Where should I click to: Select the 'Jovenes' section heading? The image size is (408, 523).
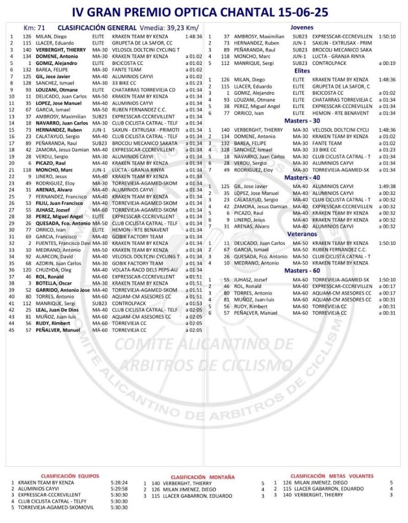coord(302,28)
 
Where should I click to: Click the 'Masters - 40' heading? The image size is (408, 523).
coord(301,177)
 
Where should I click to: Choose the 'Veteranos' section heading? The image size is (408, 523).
coord(301,234)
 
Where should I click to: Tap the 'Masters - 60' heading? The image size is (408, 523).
coord(301,270)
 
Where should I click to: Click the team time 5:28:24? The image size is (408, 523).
coord(119,482)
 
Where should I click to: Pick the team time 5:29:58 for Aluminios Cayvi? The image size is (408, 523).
coord(119,488)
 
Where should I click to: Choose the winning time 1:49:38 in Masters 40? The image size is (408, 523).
coord(388,187)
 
